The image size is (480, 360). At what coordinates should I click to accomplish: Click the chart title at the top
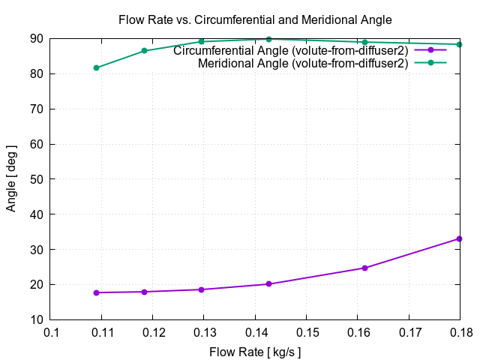[255, 19]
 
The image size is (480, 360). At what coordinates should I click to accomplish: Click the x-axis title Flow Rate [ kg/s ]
[255, 351]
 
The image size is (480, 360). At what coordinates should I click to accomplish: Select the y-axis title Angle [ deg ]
[11, 178]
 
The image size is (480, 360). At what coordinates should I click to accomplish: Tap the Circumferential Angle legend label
[290, 51]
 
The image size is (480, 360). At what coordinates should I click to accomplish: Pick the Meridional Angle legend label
[303, 64]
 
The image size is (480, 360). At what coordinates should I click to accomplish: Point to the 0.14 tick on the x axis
[256, 331]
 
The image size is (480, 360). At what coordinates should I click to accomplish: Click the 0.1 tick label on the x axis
[51, 331]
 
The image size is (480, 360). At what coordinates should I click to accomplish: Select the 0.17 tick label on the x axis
[409, 331]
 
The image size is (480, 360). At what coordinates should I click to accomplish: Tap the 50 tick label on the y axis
[36, 179]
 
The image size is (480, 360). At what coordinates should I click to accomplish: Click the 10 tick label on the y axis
[36, 319]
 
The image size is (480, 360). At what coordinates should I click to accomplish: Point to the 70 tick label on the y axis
[36, 109]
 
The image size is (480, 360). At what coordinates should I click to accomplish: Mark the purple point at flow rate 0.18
[459, 238]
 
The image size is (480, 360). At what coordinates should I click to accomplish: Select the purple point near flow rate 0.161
[364, 268]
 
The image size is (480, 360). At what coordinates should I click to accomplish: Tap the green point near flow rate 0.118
[144, 51]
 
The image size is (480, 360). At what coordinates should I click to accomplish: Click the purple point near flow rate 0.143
[268, 284]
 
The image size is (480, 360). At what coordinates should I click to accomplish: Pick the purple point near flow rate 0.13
[202, 289]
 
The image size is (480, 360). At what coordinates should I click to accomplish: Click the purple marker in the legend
[430, 49]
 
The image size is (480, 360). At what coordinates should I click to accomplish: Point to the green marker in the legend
[430, 62]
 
